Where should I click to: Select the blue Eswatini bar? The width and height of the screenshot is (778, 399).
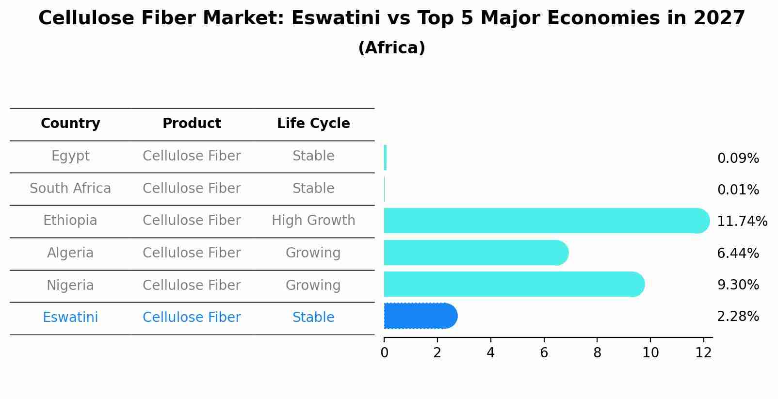(x=420, y=316)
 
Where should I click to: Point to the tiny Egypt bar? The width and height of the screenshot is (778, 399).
(x=385, y=158)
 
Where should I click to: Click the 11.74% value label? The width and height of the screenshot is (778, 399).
(x=742, y=222)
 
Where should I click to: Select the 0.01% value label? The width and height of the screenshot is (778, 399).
(x=738, y=190)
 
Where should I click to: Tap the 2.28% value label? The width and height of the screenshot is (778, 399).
(x=738, y=317)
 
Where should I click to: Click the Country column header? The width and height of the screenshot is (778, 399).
(x=70, y=124)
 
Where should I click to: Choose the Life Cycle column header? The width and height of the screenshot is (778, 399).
(x=313, y=124)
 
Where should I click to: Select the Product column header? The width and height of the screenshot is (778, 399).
(x=192, y=124)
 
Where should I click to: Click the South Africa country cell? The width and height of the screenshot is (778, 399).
(x=70, y=189)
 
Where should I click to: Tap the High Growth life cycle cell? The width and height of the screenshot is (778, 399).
(x=313, y=221)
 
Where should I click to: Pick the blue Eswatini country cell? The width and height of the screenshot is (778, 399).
(x=70, y=318)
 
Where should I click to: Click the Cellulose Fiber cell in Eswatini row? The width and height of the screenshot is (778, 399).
(x=192, y=318)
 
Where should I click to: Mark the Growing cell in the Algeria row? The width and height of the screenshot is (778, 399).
(x=313, y=253)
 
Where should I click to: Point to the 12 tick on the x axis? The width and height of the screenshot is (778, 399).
(x=703, y=353)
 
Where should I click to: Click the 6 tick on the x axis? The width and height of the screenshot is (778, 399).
(x=544, y=353)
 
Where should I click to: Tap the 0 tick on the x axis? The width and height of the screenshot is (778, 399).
(x=384, y=353)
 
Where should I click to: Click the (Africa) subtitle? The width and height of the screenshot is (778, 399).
(x=391, y=48)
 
